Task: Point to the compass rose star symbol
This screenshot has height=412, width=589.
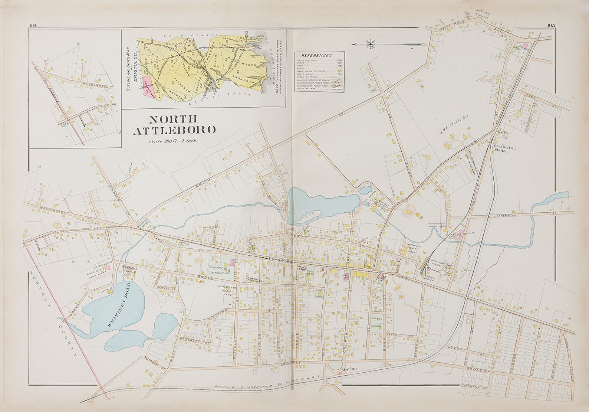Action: click(x=371, y=44)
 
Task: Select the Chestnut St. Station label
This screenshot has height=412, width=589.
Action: click(x=506, y=148)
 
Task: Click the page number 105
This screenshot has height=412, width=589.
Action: click(x=550, y=25)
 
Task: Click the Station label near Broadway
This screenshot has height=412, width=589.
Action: click(x=349, y=369)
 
